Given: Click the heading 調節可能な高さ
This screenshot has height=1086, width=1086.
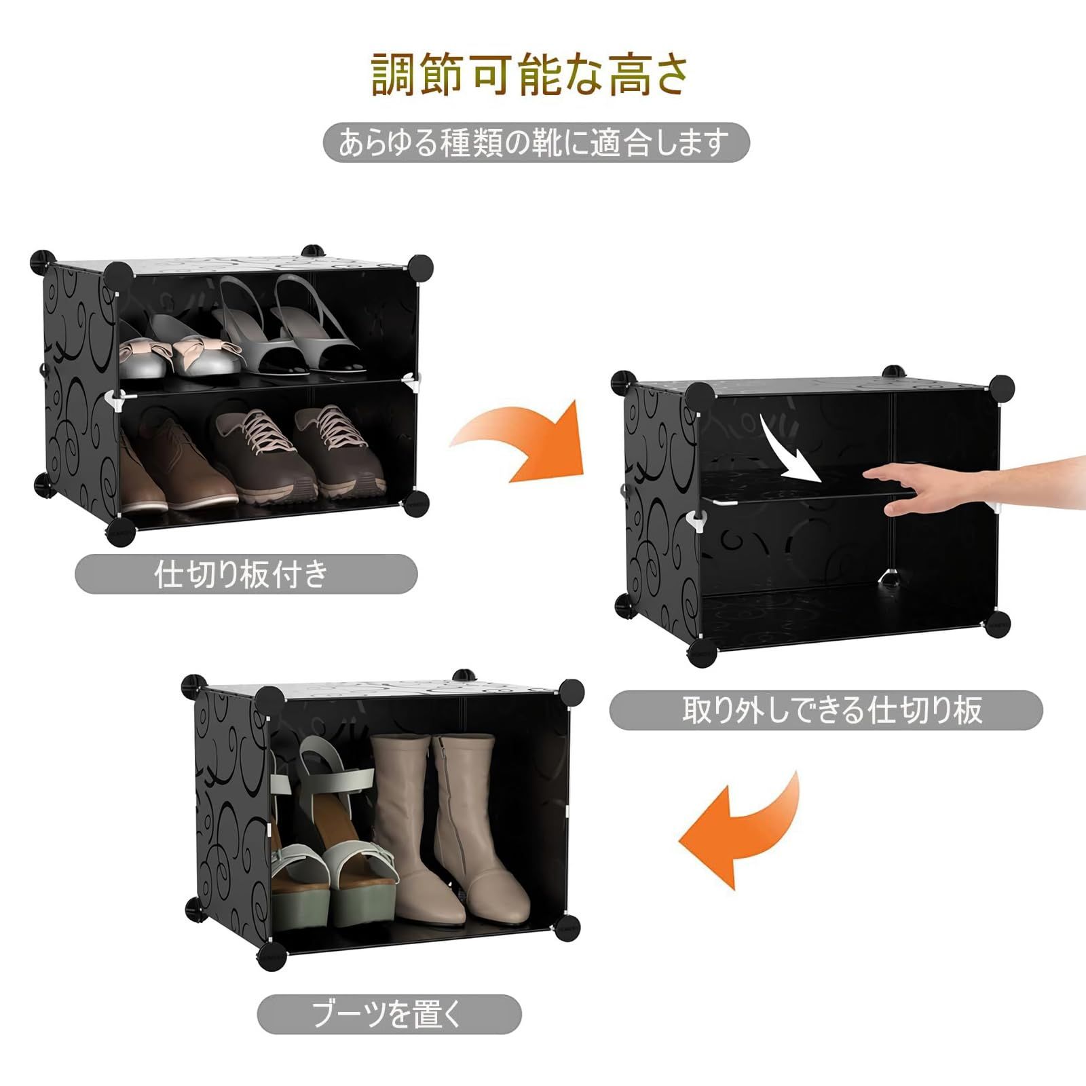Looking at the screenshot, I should (x=531, y=74).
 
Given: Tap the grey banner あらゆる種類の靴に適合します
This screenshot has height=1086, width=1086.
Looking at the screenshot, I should (x=536, y=143).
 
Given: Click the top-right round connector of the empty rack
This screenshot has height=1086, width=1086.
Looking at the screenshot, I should (x=1001, y=387).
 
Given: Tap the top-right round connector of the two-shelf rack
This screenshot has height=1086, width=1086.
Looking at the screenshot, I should (x=420, y=265).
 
